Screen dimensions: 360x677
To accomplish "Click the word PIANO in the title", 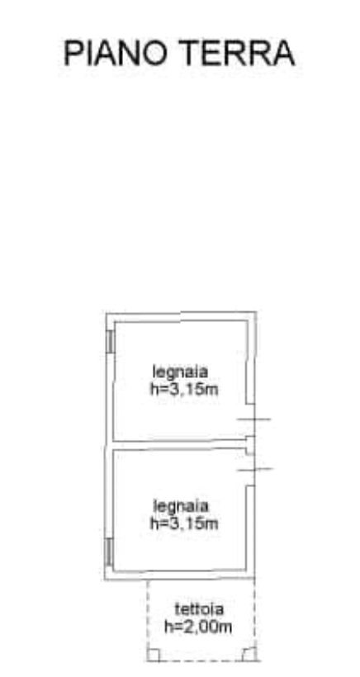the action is [x=116, y=54].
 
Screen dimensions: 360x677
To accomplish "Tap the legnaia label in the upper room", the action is [x=181, y=372].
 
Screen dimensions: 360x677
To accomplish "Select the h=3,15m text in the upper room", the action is [x=184, y=390].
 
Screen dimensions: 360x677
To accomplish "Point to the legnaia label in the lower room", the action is [x=181, y=505].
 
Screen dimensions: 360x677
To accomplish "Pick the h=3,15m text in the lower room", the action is [x=184, y=523].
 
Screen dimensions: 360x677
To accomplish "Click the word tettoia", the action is [x=199, y=609].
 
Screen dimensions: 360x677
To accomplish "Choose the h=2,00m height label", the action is [x=198, y=627].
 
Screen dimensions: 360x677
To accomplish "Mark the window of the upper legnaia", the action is [x=110, y=341].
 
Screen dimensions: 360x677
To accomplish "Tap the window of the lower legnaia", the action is [x=109, y=552].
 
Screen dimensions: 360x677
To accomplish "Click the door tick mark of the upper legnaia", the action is [x=253, y=419].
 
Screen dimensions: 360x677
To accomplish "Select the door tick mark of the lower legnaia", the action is [x=255, y=469].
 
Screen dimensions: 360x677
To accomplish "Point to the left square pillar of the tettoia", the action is [x=154, y=655].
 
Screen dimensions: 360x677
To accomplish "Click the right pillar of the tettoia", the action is [x=249, y=654].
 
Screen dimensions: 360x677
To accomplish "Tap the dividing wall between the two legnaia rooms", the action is [x=179, y=445].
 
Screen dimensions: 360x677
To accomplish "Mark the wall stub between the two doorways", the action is [x=250, y=445].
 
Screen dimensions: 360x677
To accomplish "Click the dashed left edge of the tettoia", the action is [x=148, y=620].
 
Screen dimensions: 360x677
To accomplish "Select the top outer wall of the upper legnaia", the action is [x=182, y=317].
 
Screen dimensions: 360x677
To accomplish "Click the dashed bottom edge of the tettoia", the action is [x=201, y=660].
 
